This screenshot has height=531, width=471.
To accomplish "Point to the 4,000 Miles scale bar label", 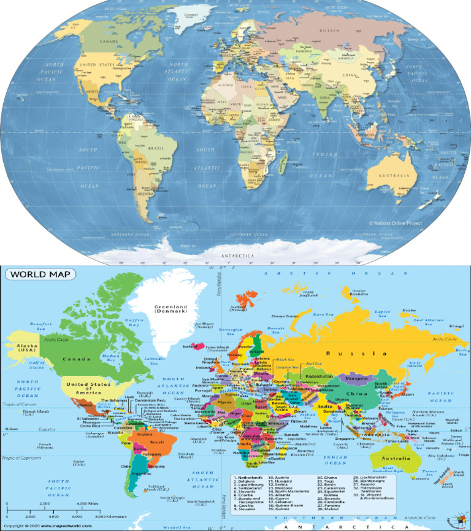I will point(83,504).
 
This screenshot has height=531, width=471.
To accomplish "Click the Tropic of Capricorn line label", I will point(24,458).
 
